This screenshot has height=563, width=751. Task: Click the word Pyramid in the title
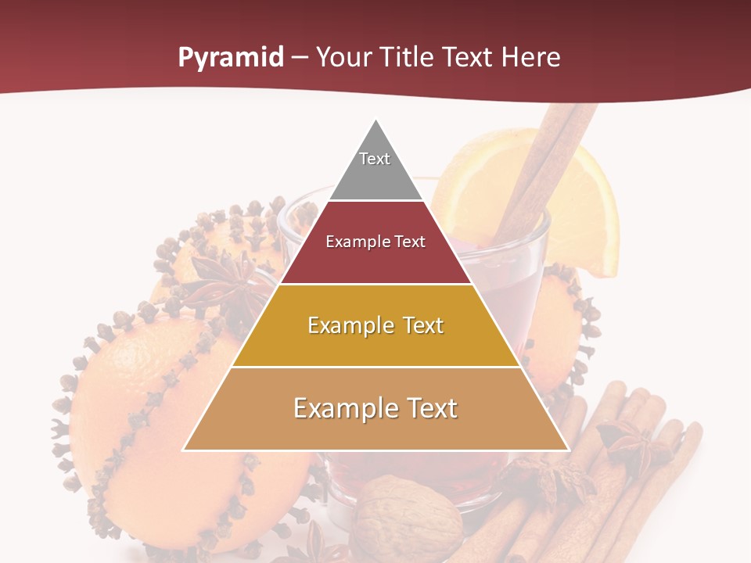[230, 58]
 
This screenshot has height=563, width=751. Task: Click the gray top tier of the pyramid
[375, 176]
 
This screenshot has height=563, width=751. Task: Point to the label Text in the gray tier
[375, 159]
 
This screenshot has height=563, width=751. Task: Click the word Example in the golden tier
[342, 325]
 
